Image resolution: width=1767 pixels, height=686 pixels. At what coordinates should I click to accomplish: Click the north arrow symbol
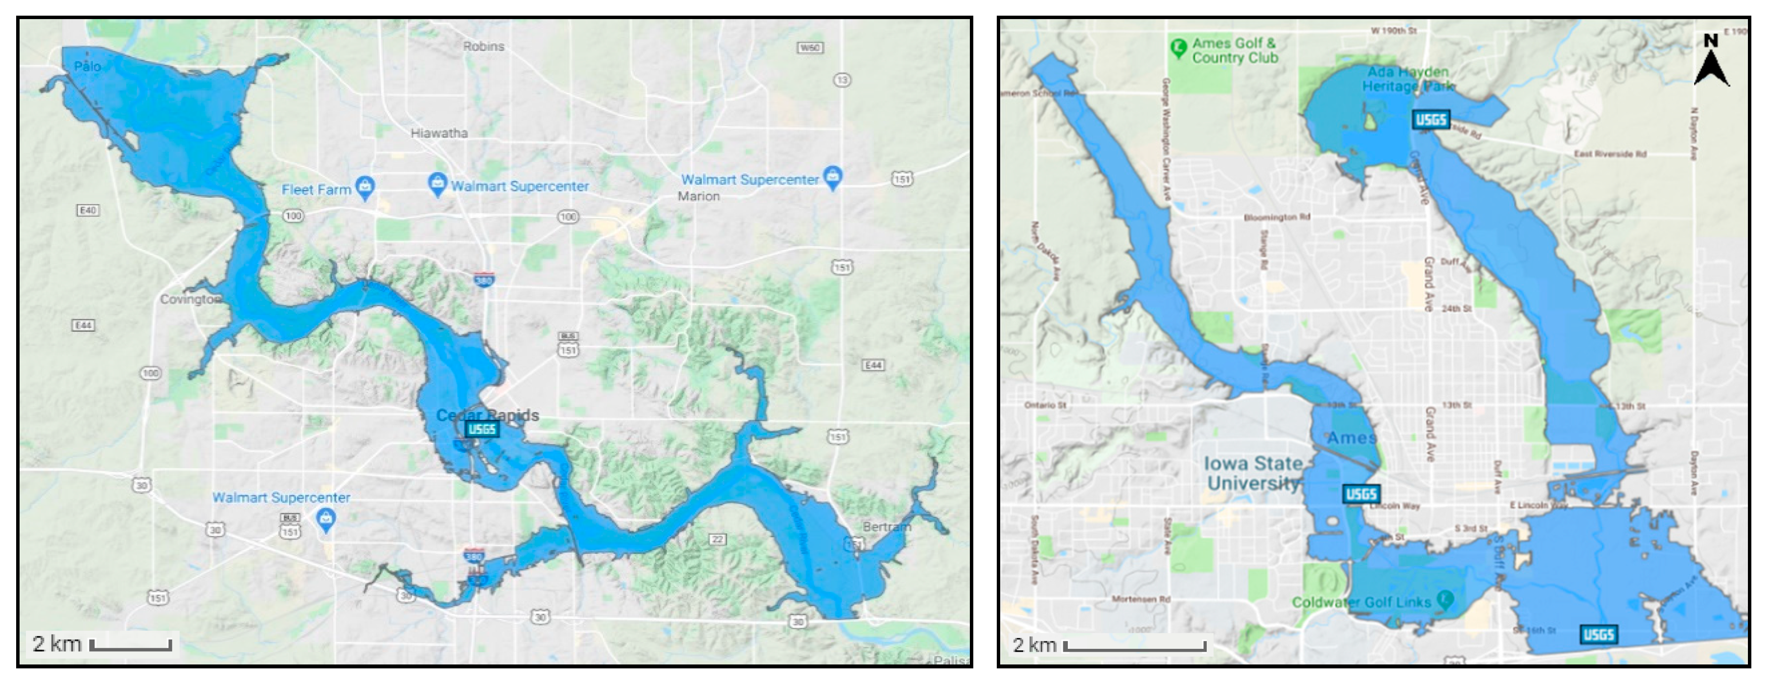[1711, 62]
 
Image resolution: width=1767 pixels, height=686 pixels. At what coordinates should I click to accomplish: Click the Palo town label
[88, 67]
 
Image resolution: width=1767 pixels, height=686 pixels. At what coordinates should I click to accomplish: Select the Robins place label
[483, 46]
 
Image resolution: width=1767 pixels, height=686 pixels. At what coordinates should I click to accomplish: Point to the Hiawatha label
[439, 133]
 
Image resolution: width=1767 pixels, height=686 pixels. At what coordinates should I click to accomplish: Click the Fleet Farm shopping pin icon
[366, 187]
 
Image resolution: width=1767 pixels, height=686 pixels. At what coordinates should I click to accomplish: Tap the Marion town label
[699, 196]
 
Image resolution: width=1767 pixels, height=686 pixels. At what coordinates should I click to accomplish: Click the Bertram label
[886, 527]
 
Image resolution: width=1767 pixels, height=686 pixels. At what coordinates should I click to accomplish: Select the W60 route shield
[810, 48]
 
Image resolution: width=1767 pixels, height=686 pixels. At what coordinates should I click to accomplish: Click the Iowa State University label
[1253, 473]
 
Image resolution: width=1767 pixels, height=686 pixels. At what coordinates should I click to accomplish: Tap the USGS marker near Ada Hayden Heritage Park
[1431, 120]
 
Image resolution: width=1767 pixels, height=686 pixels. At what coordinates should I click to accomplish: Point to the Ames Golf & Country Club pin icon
[1178, 48]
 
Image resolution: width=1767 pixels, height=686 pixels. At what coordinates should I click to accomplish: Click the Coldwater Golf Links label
[1361, 602]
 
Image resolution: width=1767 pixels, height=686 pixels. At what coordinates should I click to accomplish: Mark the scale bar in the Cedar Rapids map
[130, 645]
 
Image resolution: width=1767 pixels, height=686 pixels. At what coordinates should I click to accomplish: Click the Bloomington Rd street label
[1277, 217]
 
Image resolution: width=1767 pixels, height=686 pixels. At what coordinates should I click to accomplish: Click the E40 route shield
[88, 210]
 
